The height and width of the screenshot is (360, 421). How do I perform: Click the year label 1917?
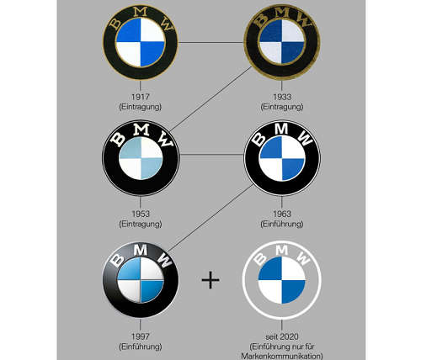coord(141,97)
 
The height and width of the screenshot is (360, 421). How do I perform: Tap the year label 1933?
coord(282,97)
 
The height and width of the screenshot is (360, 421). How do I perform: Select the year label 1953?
coord(141,214)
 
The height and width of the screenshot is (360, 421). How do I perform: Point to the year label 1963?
coord(282,214)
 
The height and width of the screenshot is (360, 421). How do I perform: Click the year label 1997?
coord(141,336)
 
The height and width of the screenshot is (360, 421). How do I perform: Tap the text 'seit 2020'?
coord(282,336)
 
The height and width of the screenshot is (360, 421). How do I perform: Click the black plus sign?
coord(210,280)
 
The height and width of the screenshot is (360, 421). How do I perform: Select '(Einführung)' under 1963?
coord(282,224)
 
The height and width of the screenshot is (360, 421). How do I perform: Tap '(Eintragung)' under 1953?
coord(141,224)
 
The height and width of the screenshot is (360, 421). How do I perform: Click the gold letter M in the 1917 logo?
coord(141,12)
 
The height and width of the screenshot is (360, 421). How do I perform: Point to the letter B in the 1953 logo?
coord(118,139)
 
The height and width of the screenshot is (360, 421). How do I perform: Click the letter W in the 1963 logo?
coord(305,138)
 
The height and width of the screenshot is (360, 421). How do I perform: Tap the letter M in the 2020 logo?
coord(282,250)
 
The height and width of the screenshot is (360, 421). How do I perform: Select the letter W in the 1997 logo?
coord(164,260)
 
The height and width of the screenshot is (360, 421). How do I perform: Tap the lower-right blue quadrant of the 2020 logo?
coord(292,290)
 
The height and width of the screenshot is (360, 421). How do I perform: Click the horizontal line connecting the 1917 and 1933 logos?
coord(211,43)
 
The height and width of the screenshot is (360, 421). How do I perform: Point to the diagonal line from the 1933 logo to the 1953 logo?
coord(210,99)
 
